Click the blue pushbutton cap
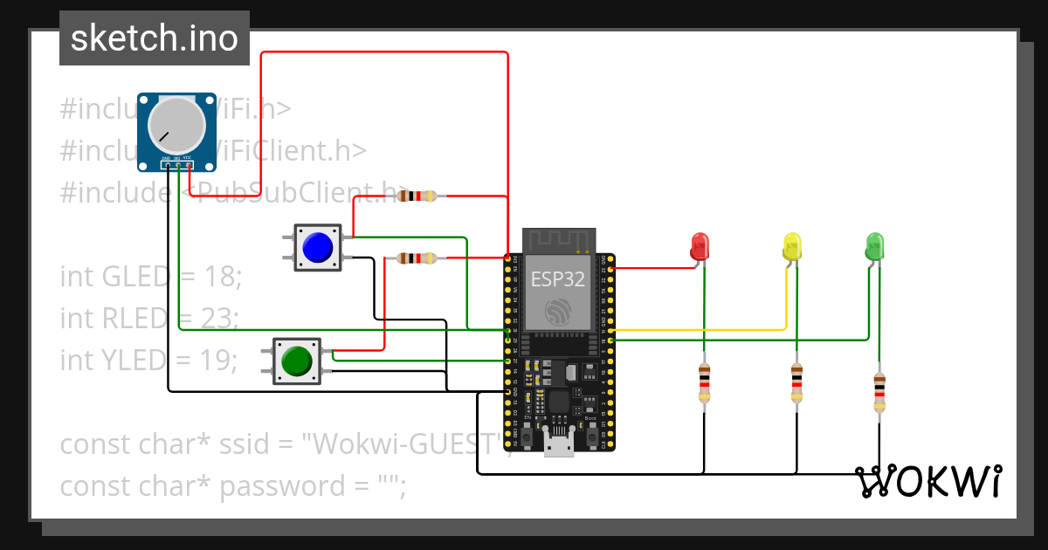318,248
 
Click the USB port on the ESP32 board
559,443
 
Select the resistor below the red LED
705,384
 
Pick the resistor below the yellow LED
796,384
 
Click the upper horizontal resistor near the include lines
416,196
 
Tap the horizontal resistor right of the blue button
416,258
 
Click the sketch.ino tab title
154,38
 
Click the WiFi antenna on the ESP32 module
559,239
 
